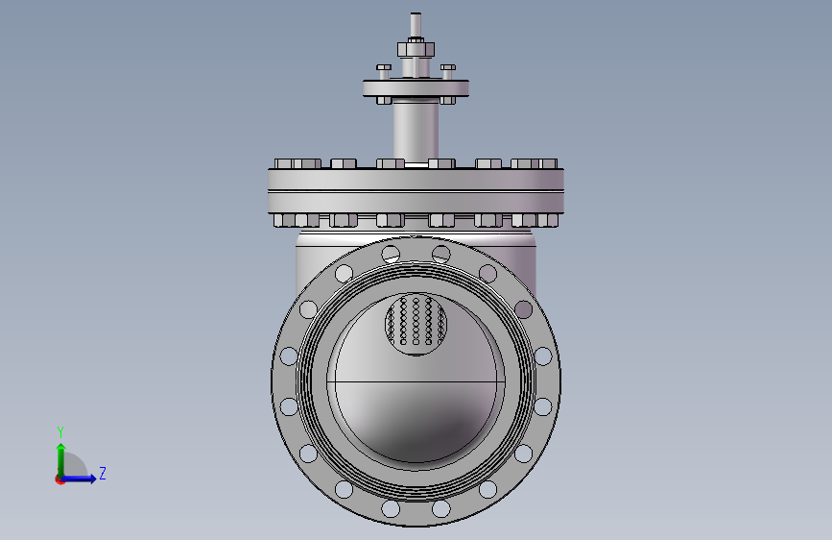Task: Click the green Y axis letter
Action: coord(60,431)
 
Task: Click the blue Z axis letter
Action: coord(103,473)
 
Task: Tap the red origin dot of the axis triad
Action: coord(59,479)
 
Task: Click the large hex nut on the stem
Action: coord(416,49)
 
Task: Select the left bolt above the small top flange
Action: coord(384,71)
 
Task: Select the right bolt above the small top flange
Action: coord(448,71)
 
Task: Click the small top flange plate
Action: coord(416,87)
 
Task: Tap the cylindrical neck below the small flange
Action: coord(416,131)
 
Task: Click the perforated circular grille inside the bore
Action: coord(416,324)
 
